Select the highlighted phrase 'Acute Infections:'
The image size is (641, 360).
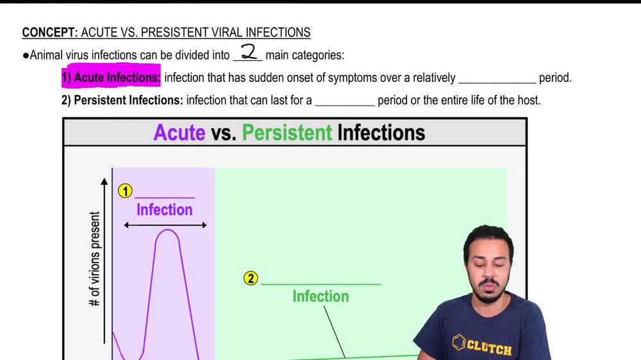(x=111, y=78)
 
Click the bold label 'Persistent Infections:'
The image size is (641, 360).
(x=129, y=100)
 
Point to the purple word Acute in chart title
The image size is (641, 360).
(x=179, y=133)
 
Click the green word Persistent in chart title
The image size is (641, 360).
(x=287, y=133)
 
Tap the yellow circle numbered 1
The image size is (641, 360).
(x=125, y=191)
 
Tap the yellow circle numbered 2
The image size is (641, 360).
(x=251, y=278)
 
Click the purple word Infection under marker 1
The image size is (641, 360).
(x=164, y=209)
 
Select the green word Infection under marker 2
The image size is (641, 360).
(x=320, y=296)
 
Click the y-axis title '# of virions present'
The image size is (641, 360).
(x=95, y=259)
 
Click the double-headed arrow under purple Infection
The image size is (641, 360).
(x=165, y=225)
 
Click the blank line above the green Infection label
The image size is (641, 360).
(x=320, y=283)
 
